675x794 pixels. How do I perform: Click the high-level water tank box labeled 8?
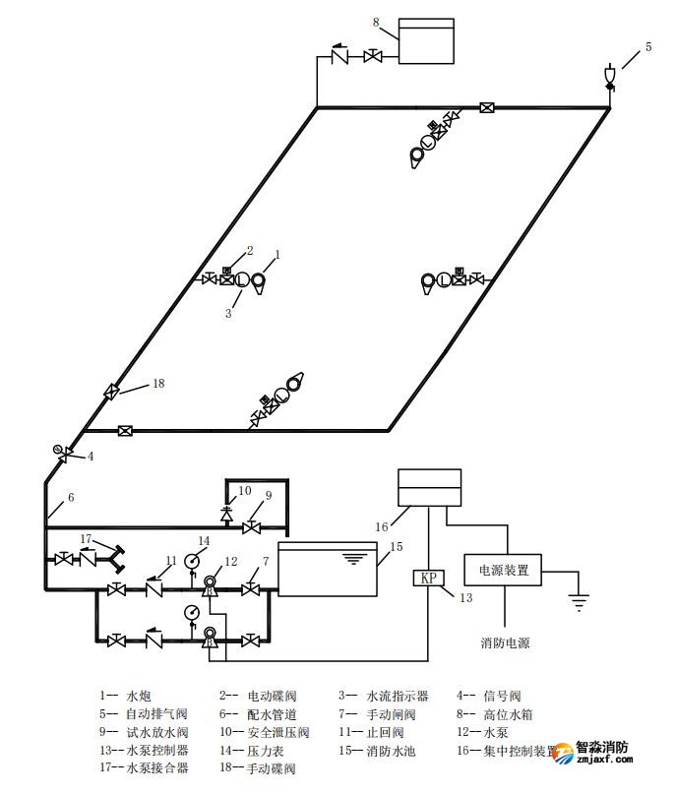click(x=426, y=41)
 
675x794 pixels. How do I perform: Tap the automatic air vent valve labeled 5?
click(x=610, y=76)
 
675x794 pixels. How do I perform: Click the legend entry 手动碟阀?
click(x=270, y=768)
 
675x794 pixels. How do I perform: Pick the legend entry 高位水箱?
click(x=502, y=714)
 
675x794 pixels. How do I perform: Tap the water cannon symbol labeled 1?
click(x=260, y=280)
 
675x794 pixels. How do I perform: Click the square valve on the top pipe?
click(x=486, y=107)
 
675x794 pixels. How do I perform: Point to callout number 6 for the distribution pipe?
click(x=70, y=498)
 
